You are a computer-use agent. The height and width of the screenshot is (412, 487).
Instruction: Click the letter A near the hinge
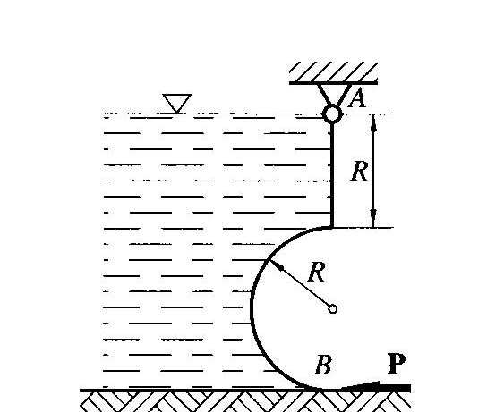[357, 98]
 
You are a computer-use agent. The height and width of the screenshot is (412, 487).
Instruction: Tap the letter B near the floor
[323, 365]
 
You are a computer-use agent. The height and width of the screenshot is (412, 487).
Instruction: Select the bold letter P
[397, 363]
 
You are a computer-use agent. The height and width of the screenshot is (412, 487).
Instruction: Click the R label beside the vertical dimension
[360, 171]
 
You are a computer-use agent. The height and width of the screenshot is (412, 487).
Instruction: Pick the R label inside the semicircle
[317, 272]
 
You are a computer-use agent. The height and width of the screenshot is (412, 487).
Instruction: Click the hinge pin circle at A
[332, 114]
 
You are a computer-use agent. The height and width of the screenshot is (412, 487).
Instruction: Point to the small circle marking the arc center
[332, 309]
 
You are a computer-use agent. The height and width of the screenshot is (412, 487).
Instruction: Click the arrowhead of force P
[360, 386]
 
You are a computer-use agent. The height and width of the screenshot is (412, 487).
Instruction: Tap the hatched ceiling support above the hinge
[334, 73]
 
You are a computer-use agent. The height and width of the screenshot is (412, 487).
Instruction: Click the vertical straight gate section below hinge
[332, 175]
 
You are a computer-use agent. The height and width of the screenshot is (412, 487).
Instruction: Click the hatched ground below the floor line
[245, 402]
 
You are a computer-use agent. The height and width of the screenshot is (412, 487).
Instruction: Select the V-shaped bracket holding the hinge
[334, 96]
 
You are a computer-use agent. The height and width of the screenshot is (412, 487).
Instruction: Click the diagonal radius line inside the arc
[299, 284]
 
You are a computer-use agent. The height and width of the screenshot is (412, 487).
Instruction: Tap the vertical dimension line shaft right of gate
[373, 171]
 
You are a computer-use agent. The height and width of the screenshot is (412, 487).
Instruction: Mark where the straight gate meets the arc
[332, 228]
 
